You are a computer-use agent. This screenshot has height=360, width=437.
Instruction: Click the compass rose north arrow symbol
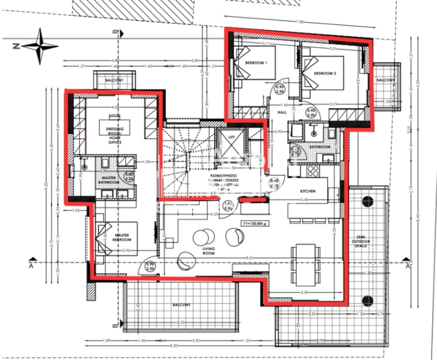(40, 46)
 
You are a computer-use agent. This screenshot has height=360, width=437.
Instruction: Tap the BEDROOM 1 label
(256, 63)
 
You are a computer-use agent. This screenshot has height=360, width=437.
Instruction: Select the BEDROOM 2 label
(325, 73)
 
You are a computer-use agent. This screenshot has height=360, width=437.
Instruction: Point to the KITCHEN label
(308, 191)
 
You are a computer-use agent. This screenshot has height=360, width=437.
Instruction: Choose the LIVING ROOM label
(208, 251)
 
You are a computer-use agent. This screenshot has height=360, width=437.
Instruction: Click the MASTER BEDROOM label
(122, 237)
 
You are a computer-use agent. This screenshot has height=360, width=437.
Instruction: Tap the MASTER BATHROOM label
(109, 180)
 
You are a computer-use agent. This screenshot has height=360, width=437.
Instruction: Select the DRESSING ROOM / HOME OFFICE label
(115, 135)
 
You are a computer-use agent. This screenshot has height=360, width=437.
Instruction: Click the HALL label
(282, 112)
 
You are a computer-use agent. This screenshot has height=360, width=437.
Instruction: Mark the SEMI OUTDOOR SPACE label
(361, 241)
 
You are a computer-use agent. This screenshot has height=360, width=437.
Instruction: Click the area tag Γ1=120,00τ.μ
(254, 223)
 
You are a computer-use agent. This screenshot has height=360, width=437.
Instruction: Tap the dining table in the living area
(305, 265)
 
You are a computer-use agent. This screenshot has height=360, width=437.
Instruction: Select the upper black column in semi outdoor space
(368, 202)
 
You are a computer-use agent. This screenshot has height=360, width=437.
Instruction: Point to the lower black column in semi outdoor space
(368, 301)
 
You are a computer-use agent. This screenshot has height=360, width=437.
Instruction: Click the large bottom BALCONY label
(181, 305)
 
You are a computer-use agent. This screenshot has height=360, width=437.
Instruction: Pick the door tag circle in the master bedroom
(150, 266)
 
